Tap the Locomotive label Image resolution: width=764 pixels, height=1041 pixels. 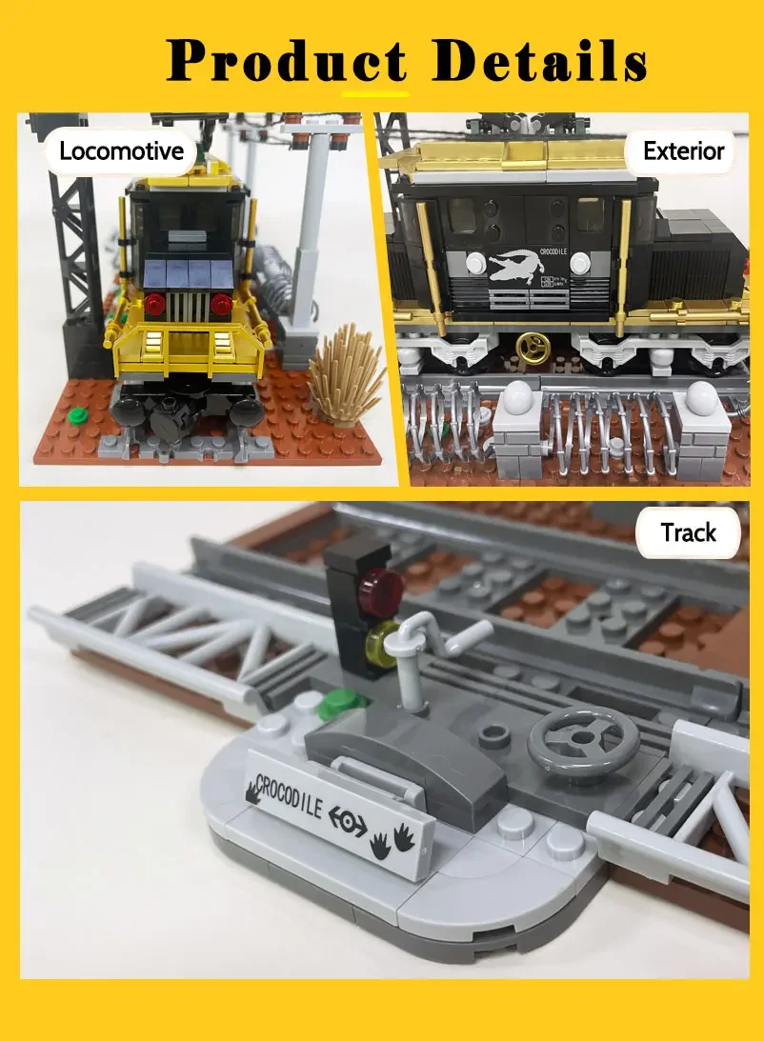pyautogui.click(x=120, y=150)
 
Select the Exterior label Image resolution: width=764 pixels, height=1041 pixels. pyautogui.click(x=683, y=150)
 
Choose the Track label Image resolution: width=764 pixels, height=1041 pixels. pyautogui.click(x=688, y=532)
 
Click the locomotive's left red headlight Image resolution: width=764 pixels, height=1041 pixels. pyautogui.click(x=157, y=305)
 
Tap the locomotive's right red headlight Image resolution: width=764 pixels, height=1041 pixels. pyautogui.click(x=222, y=305)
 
